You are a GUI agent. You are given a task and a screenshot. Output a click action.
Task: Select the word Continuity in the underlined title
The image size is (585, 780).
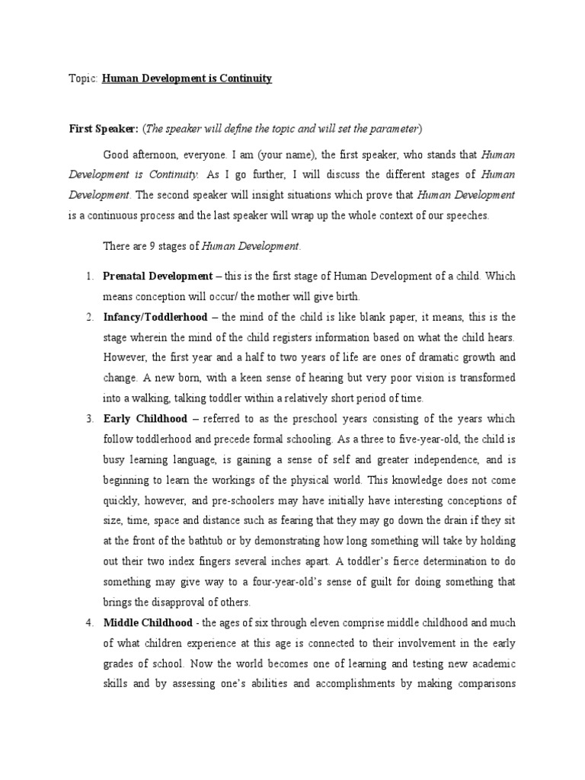coord(245,78)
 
